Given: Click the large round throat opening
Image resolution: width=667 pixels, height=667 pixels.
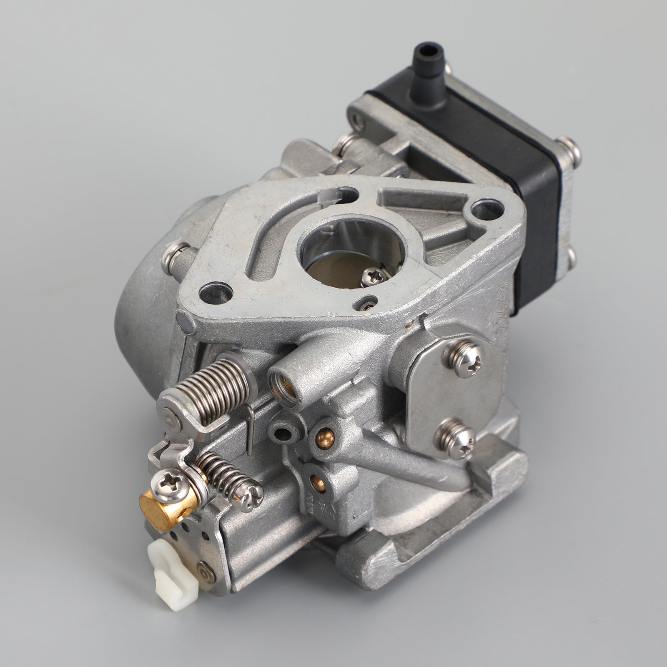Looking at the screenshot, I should (333, 258).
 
